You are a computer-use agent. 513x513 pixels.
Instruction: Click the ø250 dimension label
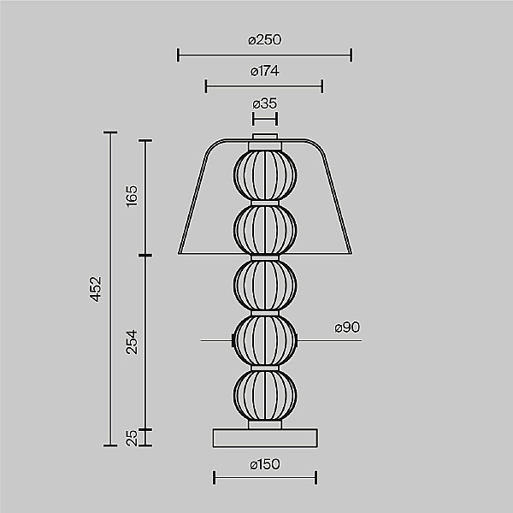[x=265, y=39]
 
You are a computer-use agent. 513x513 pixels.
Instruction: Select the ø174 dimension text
[x=265, y=71]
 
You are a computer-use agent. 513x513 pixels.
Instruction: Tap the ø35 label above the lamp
[x=265, y=103]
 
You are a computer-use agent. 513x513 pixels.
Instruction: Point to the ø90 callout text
[x=349, y=327]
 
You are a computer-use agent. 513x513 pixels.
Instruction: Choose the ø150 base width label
[x=265, y=464]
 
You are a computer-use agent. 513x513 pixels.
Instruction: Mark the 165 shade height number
[x=131, y=196]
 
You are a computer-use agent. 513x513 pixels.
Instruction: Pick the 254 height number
[x=131, y=341]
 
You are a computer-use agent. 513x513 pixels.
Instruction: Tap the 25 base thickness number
[x=131, y=438]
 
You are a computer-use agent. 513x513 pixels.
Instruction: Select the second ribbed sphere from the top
[x=265, y=229]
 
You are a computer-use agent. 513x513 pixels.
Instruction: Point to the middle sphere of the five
[x=265, y=286]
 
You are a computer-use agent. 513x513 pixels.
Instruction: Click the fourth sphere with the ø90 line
[x=265, y=342]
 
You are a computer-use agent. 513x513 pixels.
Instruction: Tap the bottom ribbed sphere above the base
[x=265, y=395]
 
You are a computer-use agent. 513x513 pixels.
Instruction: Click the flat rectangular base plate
[x=265, y=437]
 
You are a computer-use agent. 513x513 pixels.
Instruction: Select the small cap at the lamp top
[x=265, y=137]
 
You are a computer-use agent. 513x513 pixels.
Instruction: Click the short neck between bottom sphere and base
[x=265, y=424]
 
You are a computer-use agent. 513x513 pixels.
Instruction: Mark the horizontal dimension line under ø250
[x=265, y=56]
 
